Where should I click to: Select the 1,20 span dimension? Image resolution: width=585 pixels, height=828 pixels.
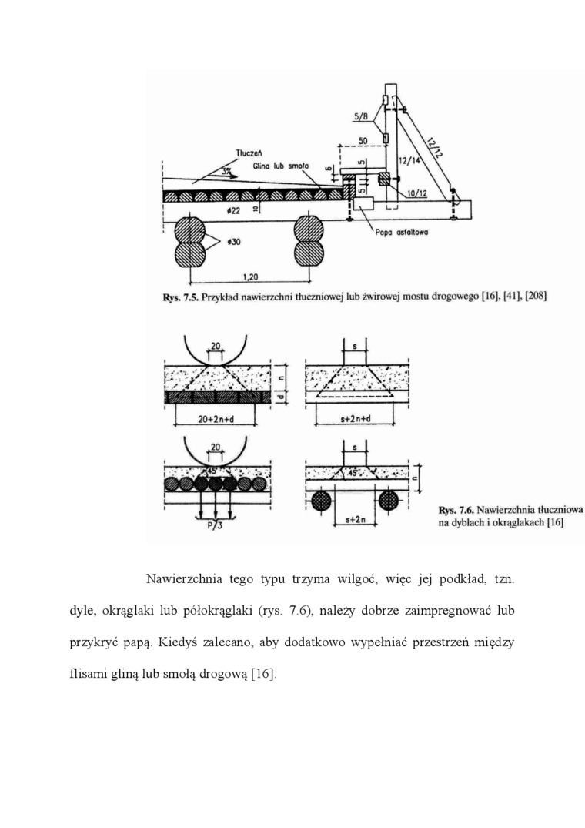click(249, 277)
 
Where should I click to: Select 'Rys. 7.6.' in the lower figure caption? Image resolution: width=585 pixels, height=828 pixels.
click(455, 509)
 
